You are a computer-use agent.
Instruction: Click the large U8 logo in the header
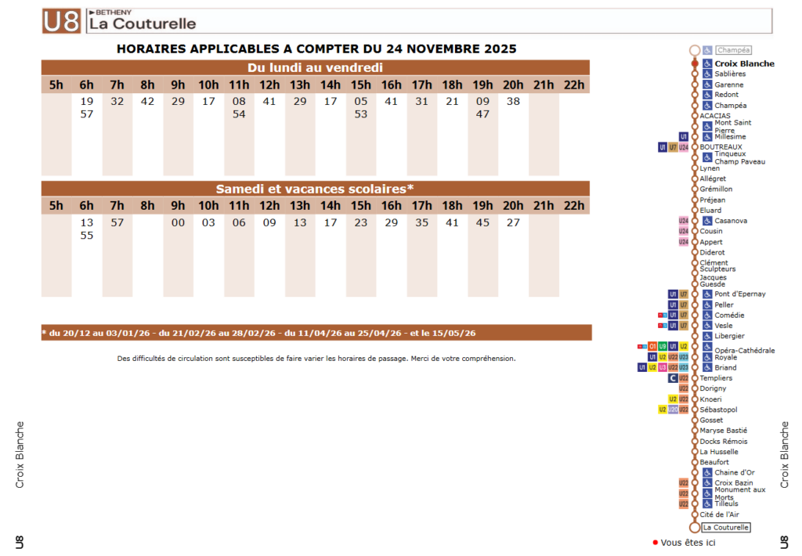click(62, 21)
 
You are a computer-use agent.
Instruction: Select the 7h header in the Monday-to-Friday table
click(117, 85)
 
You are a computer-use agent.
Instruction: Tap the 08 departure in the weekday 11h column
click(239, 101)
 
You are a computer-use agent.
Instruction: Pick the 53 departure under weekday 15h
click(360, 114)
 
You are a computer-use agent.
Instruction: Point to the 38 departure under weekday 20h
click(513, 101)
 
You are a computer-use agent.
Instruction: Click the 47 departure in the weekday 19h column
click(482, 114)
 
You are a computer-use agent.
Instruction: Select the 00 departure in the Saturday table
click(179, 222)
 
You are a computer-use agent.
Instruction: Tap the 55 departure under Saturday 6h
click(87, 235)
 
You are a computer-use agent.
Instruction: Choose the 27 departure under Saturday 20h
click(513, 222)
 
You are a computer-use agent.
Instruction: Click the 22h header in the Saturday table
click(574, 206)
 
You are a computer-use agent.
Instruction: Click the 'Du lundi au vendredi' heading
click(315, 67)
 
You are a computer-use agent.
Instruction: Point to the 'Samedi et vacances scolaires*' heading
click(315, 189)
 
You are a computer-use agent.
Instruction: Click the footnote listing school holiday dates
click(258, 333)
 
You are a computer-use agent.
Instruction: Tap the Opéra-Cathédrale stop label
click(744, 350)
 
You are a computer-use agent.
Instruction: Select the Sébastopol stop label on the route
click(718, 410)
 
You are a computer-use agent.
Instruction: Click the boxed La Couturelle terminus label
click(725, 528)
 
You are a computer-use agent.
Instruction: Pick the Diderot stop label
click(712, 252)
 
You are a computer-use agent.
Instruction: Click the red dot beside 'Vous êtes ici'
click(655, 543)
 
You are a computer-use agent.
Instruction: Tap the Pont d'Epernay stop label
click(740, 294)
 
